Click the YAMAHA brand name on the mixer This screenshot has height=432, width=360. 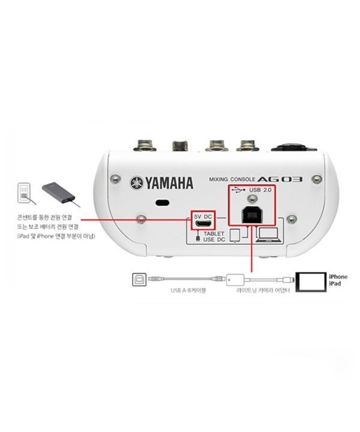169,183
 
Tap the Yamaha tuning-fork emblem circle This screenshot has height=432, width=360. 137,183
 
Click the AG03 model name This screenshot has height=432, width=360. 280,179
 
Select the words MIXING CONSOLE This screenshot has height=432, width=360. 232,179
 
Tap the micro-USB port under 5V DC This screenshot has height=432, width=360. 203,224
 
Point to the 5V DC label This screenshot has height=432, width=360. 203,217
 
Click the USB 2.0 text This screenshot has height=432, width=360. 260,190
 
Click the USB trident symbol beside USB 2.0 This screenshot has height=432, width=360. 238,190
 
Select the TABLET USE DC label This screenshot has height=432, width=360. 214,236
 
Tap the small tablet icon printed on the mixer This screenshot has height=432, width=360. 235,236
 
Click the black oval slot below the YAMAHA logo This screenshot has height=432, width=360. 163,203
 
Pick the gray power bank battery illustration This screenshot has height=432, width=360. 59,193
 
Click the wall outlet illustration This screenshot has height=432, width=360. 24,193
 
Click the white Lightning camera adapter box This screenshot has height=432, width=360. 235,280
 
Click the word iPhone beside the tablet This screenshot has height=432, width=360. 338,277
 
